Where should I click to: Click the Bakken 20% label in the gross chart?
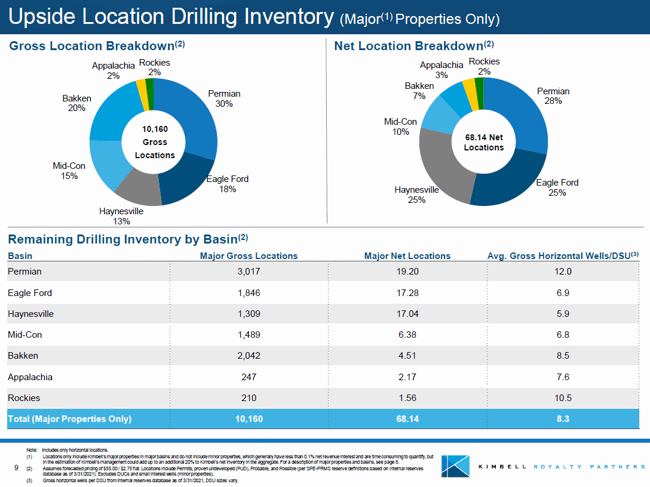coord(76,103)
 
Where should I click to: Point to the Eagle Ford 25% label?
coord(557,187)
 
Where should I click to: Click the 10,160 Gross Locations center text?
coord(154,142)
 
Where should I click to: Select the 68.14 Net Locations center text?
coord(483,143)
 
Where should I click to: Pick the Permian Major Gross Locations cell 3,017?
coord(249,272)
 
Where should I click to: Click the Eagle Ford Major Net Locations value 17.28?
coord(407,293)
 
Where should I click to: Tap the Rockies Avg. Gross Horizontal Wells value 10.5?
coord(563,398)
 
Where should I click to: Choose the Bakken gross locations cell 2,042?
coord(249,356)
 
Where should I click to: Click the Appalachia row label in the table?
coord(30,377)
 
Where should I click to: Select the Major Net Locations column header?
coord(407,256)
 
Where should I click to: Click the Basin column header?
coord(20,256)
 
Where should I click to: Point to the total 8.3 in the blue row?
coord(563,419)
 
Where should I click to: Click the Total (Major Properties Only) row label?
coord(69,419)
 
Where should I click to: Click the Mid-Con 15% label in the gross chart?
coord(69,171)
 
